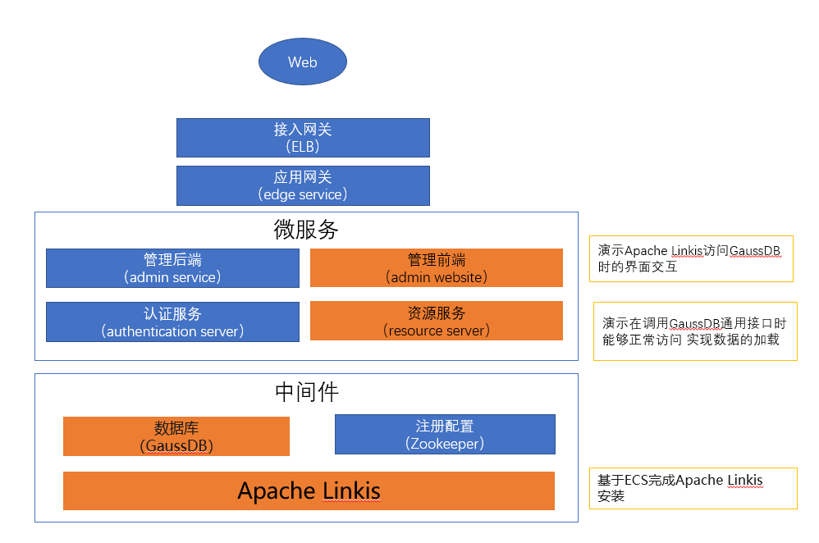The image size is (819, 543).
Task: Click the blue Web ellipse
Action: (303, 62)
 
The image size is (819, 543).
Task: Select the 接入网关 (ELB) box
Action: (303, 138)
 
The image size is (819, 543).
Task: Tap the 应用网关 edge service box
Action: (303, 185)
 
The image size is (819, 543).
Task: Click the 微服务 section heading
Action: (305, 230)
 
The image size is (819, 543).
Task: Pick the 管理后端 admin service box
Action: (172, 268)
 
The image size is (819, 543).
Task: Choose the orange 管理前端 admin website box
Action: (436, 268)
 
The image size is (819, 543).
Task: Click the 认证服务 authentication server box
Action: (172, 322)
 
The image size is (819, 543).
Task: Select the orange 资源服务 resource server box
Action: (436, 321)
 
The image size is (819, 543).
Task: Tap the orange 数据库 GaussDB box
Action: (176, 436)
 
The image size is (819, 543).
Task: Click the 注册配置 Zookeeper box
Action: (445, 434)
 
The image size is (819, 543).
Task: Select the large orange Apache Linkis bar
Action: (309, 491)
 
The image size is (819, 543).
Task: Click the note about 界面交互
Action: (690, 258)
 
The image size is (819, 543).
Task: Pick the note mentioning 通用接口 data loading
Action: (694, 331)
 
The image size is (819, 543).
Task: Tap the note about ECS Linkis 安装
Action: (693, 488)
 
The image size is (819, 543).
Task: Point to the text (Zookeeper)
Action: (445, 443)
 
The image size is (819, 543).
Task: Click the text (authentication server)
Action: (172, 331)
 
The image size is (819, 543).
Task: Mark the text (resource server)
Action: (436, 331)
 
